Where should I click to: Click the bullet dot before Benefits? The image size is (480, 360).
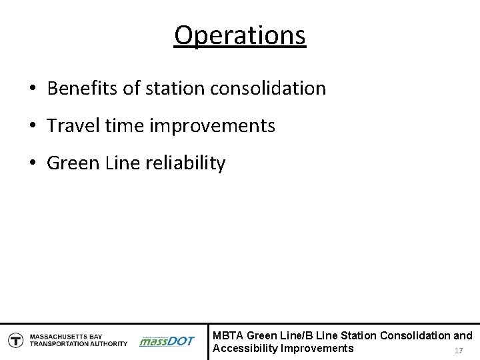tap(32, 89)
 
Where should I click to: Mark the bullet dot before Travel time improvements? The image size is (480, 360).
tap(32, 126)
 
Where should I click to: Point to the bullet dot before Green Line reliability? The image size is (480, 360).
tap(32, 163)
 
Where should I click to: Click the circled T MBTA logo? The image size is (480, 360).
tap(14, 341)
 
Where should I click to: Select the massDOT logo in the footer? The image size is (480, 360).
tap(167, 341)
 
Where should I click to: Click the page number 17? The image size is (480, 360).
tap(457, 351)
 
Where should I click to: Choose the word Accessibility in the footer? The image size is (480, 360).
tap(245, 348)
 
